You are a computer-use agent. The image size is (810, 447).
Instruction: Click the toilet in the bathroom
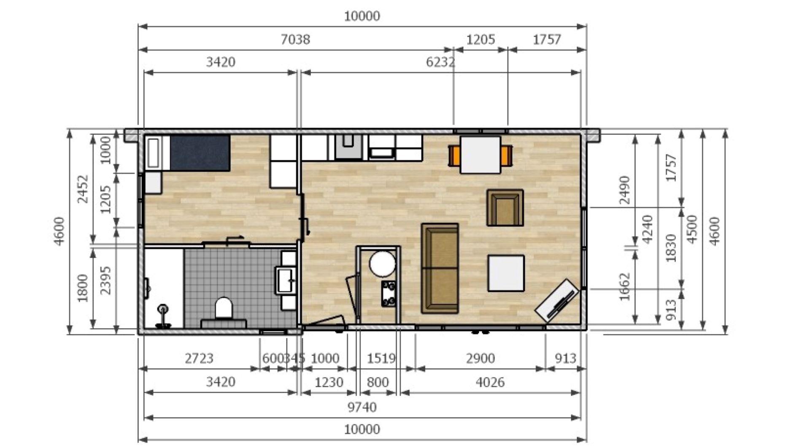[x=224, y=310]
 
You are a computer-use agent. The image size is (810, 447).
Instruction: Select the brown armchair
[x=505, y=207]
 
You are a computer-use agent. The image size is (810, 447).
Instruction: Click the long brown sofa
[x=440, y=268]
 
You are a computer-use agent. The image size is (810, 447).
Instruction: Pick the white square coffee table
[x=506, y=273]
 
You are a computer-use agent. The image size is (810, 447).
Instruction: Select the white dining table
[x=481, y=154]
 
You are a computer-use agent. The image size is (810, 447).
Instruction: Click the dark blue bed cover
[x=200, y=153]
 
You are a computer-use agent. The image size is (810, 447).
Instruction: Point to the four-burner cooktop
[x=389, y=294]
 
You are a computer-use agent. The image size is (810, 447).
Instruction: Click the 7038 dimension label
[x=295, y=40]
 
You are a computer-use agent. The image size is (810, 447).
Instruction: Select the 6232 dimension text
[x=440, y=62]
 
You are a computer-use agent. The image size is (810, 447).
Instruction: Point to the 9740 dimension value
[x=362, y=407]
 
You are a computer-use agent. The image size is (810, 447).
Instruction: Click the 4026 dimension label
[x=490, y=382]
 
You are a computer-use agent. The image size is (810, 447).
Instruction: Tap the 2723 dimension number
[x=199, y=358]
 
